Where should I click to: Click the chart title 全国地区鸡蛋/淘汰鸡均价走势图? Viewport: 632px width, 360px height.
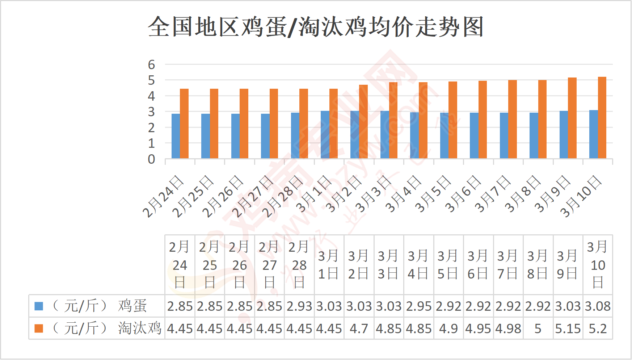[x=316, y=27]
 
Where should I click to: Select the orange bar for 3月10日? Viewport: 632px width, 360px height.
[x=602, y=118]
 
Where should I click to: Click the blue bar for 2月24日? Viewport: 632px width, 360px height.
[x=176, y=136]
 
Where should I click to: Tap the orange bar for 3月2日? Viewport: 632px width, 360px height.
[x=363, y=122]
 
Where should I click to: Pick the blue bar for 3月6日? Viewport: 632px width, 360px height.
[x=474, y=135]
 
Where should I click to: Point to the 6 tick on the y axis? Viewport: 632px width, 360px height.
[x=151, y=65]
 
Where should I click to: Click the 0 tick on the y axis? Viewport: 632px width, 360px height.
[x=151, y=159]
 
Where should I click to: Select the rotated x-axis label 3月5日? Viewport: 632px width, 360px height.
[x=433, y=194]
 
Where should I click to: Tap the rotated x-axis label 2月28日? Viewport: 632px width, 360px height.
[x=282, y=196]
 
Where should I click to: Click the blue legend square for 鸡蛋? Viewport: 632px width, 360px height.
[x=39, y=306]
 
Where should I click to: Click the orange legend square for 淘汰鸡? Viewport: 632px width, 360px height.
[x=39, y=328]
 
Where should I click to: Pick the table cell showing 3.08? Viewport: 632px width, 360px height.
[x=598, y=306]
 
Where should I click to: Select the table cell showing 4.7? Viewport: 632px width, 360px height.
[x=359, y=329]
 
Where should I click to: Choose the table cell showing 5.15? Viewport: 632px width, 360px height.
[x=568, y=329]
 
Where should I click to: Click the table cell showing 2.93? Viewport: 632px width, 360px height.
[x=299, y=306]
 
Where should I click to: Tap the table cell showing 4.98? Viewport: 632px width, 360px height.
[x=508, y=329]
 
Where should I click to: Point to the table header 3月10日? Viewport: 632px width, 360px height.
[x=598, y=265]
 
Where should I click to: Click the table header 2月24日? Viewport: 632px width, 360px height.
[x=180, y=265]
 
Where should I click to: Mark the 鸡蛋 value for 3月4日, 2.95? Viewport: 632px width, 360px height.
[x=418, y=306]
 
